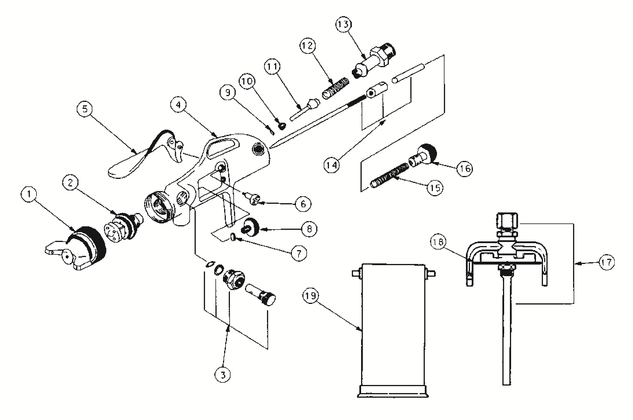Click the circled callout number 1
[29, 194]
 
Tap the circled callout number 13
[343, 24]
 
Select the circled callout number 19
[311, 296]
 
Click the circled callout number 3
[223, 375]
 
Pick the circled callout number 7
[299, 254]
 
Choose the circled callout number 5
[85, 109]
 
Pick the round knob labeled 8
[251, 228]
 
